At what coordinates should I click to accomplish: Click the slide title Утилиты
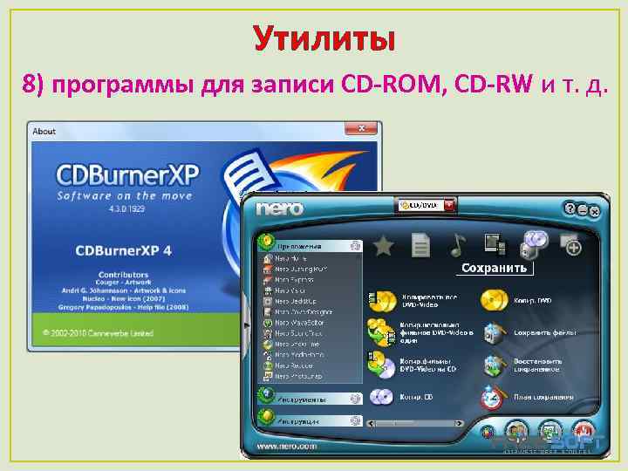(x=324, y=38)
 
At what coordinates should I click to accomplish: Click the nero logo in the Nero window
(x=280, y=208)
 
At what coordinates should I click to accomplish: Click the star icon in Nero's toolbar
(x=382, y=246)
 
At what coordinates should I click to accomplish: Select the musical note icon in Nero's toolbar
(x=458, y=246)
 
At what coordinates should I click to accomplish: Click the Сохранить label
(x=494, y=268)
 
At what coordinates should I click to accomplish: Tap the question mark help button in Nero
(x=570, y=209)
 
